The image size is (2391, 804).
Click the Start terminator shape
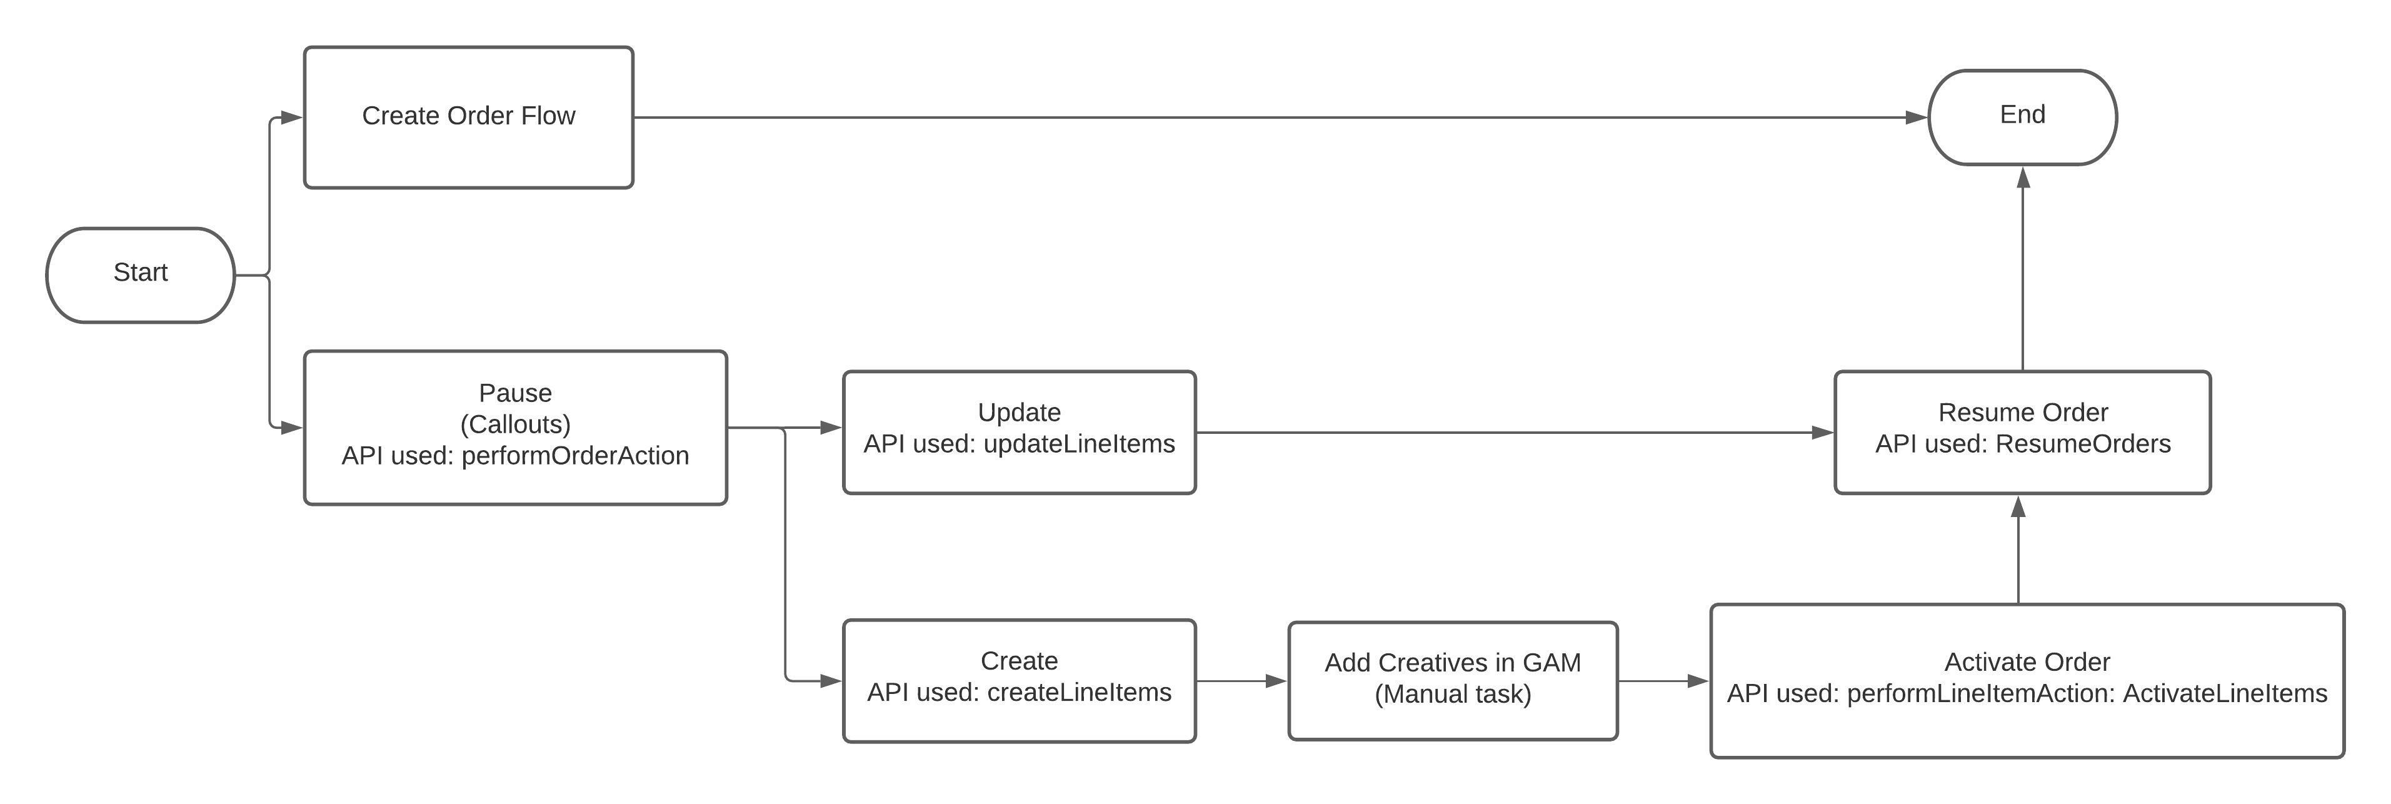pyautogui.click(x=140, y=276)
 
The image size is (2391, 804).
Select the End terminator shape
pyautogui.click(x=2023, y=117)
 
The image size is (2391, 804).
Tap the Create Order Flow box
pyautogui.click(x=469, y=117)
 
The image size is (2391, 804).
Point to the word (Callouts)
pyautogui.click(x=515, y=425)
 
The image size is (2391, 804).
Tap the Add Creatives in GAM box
pyautogui.click(x=1453, y=680)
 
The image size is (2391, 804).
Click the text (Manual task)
pyautogui.click(x=1453, y=695)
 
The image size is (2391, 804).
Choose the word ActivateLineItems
pyautogui.click(x=2225, y=693)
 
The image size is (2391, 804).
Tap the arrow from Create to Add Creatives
pyautogui.click(x=1241, y=681)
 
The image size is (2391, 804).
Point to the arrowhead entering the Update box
pyautogui.click(x=831, y=428)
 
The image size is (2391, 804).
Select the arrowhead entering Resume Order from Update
pyautogui.click(x=1822, y=433)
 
